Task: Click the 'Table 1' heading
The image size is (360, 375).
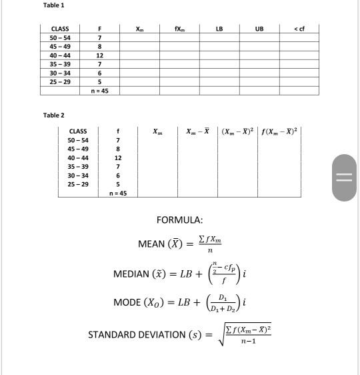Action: [x=54, y=5]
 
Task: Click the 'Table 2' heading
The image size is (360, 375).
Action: [x=54, y=115]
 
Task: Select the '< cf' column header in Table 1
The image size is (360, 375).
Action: [x=299, y=29]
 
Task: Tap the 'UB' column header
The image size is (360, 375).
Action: [x=259, y=29]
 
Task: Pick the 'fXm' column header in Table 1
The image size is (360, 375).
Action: [x=179, y=29]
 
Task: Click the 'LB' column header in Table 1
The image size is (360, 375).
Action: [x=219, y=29]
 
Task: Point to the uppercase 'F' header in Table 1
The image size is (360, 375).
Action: [x=99, y=29]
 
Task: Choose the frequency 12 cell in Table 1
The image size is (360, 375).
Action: [x=99, y=55]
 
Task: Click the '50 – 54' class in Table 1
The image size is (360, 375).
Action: [x=61, y=37]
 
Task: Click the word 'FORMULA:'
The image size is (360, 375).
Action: [x=179, y=220]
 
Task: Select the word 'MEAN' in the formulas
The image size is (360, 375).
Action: [x=151, y=244]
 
